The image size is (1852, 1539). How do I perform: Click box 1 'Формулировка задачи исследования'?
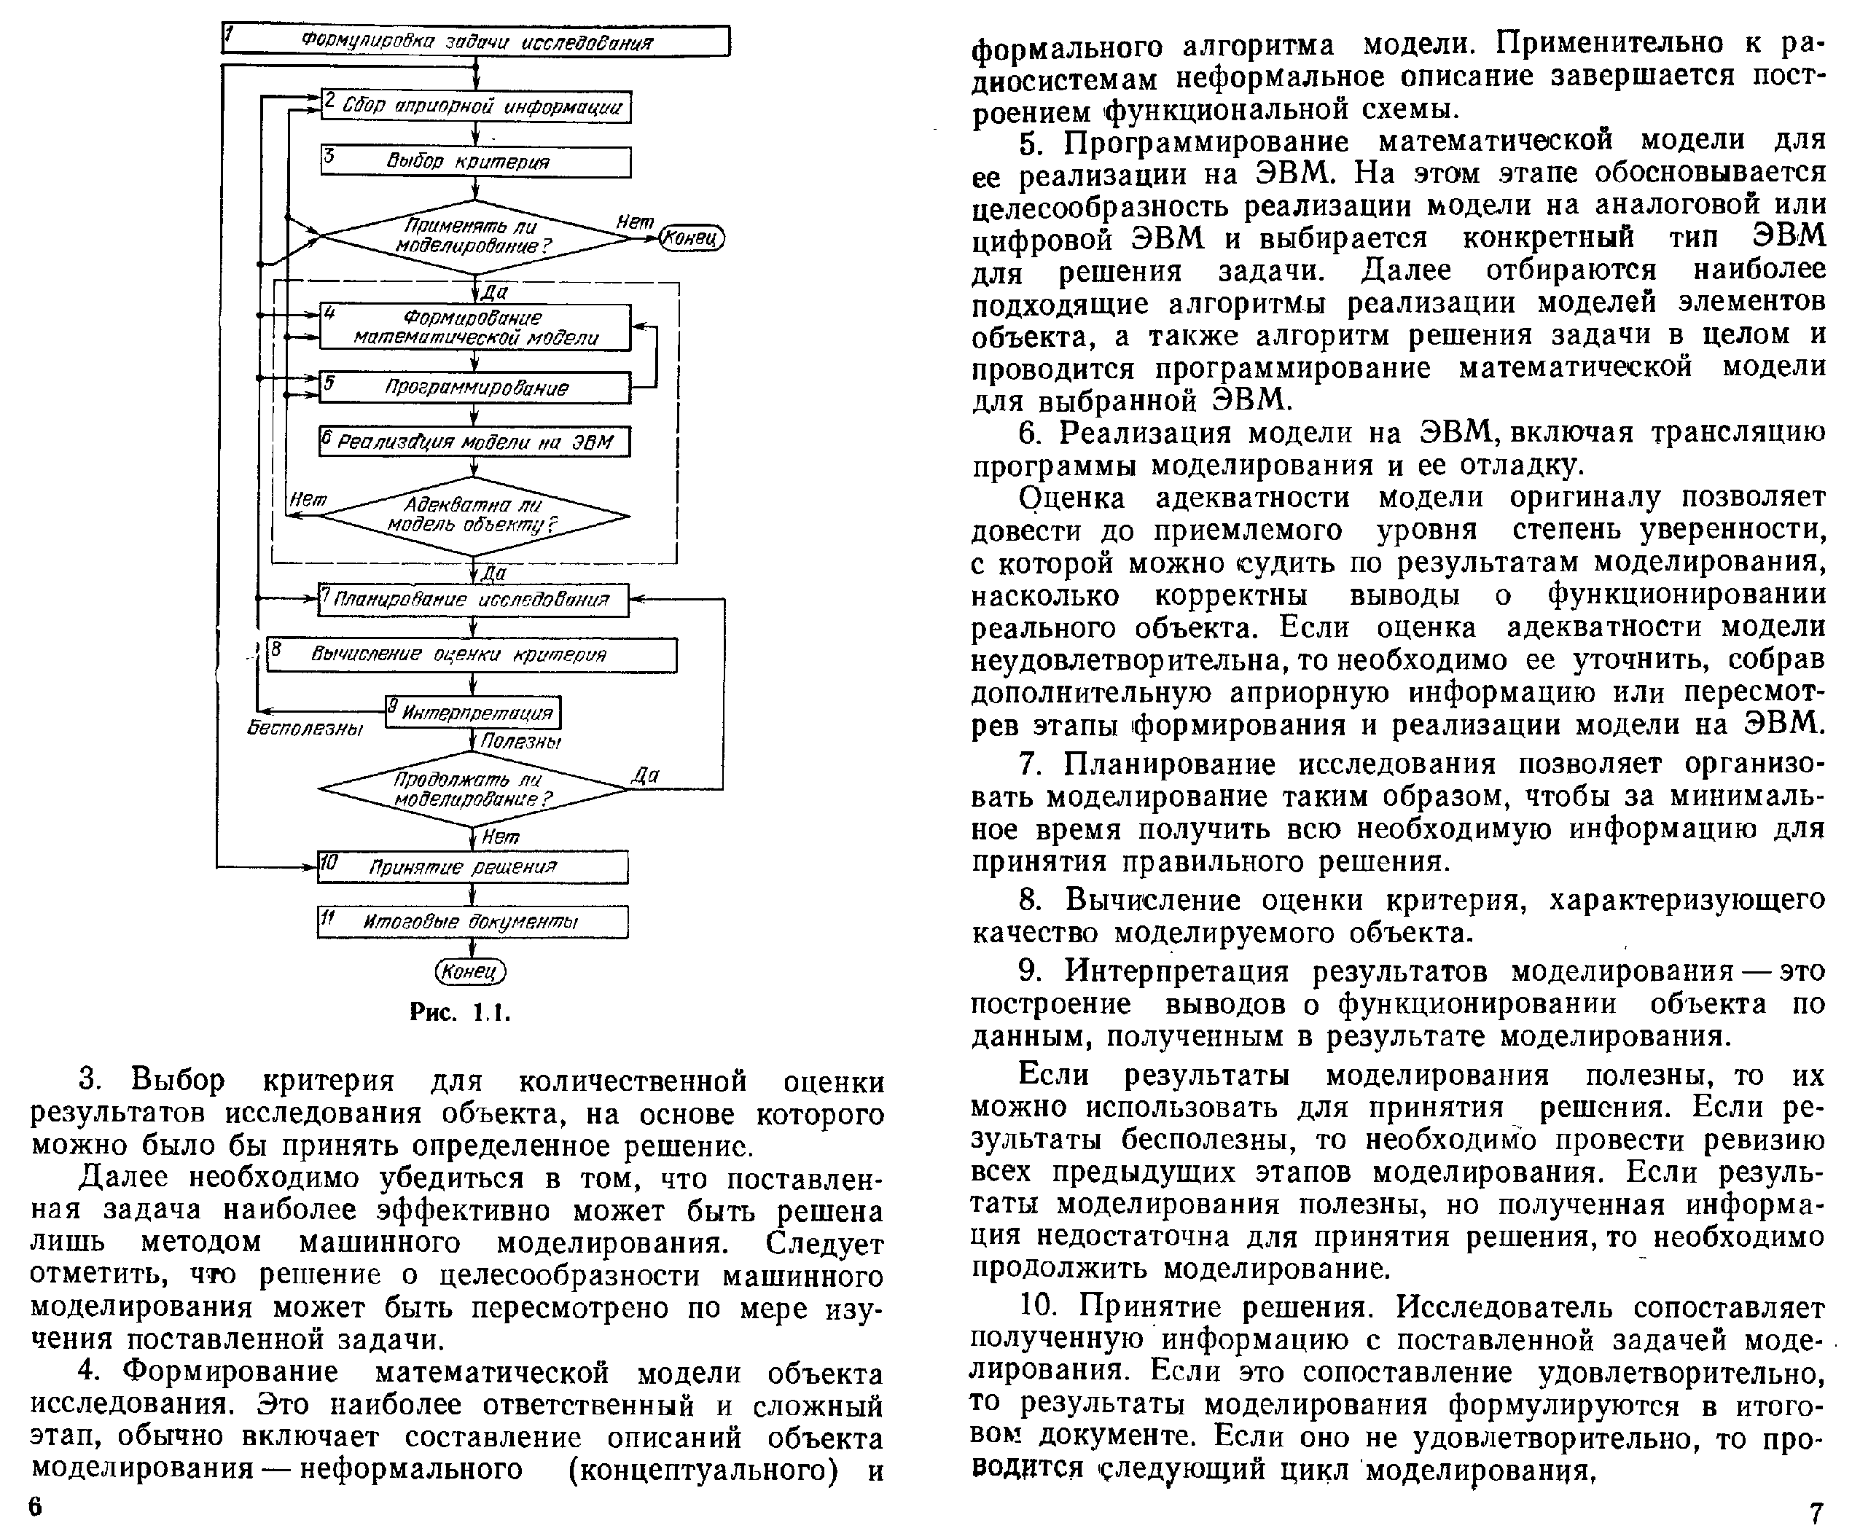475,42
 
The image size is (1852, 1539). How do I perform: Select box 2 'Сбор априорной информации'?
475,106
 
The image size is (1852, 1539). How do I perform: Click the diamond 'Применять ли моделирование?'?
474,236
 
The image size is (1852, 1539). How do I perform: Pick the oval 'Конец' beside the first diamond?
692,238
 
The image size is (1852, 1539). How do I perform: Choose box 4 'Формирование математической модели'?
475,327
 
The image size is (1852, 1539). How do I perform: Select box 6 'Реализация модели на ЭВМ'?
475,441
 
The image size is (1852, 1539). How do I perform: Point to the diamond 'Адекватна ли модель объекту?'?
474,516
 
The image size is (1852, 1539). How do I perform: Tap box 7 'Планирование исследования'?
474,600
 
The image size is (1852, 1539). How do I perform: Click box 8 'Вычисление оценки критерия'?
472,654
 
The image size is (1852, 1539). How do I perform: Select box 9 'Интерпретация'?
474,713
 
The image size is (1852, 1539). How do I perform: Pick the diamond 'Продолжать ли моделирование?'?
474,789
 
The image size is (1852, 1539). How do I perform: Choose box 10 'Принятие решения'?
474,867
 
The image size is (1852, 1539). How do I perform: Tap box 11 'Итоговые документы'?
474,922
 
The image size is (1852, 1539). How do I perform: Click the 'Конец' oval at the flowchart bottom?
471,972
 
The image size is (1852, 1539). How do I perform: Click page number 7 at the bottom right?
1815,1513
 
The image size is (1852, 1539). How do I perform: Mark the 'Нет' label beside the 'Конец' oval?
634,222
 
